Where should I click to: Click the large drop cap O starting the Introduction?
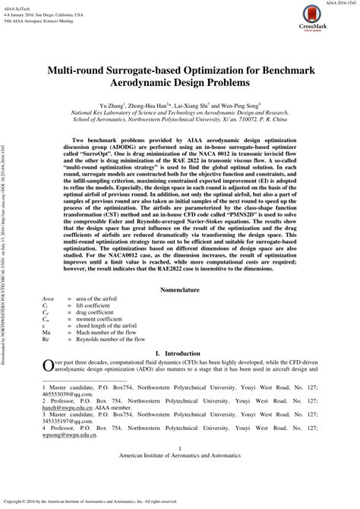click(x=46, y=365)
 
